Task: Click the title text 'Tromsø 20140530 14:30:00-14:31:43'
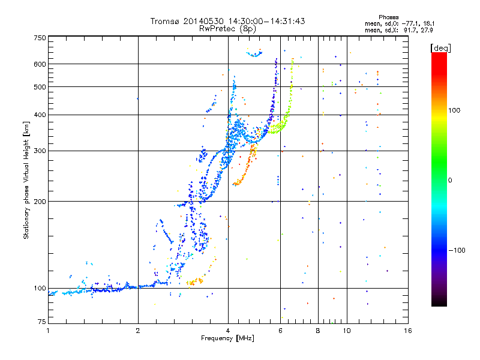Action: coord(227,21)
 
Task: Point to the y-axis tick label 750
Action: coord(40,37)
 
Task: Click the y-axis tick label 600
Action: coord(40,64)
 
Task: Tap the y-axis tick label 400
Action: coord(40,115)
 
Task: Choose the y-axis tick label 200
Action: coord(40,202)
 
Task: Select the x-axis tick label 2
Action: coord(138,331)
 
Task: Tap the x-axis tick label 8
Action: coord(317,331)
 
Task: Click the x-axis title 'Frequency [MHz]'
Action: coord(227,338)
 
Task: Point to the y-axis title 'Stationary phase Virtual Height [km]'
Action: coord(26,180)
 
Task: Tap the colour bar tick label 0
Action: coord(451,180)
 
